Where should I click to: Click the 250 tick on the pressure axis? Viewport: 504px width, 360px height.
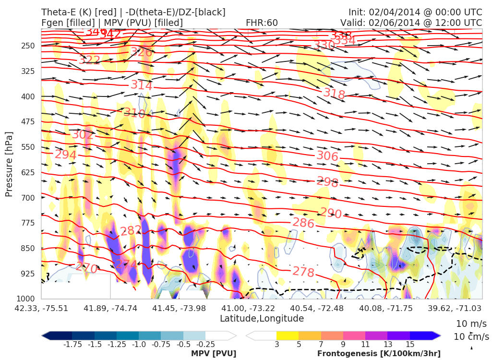point(28,46)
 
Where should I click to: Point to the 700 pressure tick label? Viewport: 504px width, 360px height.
point(28,197)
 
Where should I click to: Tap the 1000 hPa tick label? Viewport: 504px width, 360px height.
point(26,299)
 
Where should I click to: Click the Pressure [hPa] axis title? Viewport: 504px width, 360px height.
point(9,164)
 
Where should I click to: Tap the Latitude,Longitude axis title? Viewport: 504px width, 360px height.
point(262,318)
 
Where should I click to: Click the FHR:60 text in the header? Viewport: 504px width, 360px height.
point(262,23)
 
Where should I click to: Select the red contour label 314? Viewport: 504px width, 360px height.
point(142,85)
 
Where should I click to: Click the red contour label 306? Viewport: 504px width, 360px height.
point(327,156)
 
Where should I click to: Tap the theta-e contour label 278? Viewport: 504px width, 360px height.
point(303,272)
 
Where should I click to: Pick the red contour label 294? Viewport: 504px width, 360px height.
point(66,155)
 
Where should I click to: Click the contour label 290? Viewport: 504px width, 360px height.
point(331,213)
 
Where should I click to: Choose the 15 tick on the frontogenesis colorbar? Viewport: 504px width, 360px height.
point(409,344)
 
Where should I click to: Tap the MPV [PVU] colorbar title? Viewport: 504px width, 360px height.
point(214,354)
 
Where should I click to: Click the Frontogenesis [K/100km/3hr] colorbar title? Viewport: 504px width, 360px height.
point(379,354)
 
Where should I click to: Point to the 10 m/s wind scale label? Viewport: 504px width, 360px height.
point(468,323)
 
